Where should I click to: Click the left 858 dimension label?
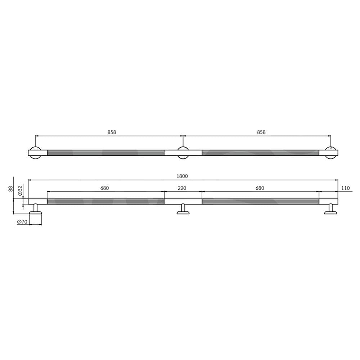(112, 132)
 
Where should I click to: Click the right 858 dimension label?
(261, 132)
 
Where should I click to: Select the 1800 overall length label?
(182, 176)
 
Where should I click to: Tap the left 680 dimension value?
(105, 188)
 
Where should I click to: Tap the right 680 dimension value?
(260, 188)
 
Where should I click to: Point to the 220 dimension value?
(182, 188)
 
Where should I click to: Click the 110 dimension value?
(346, 188)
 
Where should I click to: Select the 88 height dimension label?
(10, 189)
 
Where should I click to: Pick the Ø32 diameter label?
(20, 190)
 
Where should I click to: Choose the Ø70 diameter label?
(22, 222)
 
